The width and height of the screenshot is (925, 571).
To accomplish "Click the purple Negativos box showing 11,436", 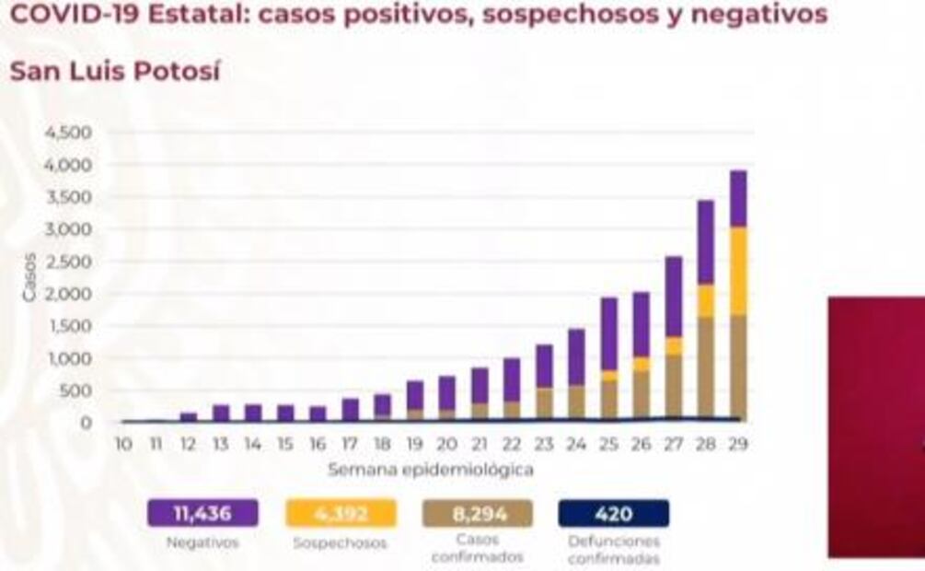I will [x=202, y=513].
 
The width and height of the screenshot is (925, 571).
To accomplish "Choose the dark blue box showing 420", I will [x=614, y=513].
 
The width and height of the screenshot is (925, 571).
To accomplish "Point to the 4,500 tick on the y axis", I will [x=69, y=133].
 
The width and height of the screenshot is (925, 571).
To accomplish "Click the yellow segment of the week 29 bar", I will [x=738, y=272].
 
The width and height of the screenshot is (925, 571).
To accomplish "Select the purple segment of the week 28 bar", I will [x=706, y=242].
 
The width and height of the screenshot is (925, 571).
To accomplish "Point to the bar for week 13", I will [x=222, y=413].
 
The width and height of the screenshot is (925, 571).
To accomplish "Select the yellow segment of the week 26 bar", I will [x=642, y=364].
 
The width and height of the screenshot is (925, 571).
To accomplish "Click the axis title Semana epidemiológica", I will [x=431, y=470].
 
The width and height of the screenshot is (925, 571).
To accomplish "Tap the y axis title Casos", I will [x=29, y=276].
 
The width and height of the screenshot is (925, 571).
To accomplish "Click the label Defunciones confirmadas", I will [x=614, y=550].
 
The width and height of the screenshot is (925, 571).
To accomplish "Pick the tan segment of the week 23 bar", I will [x=545, y=403].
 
